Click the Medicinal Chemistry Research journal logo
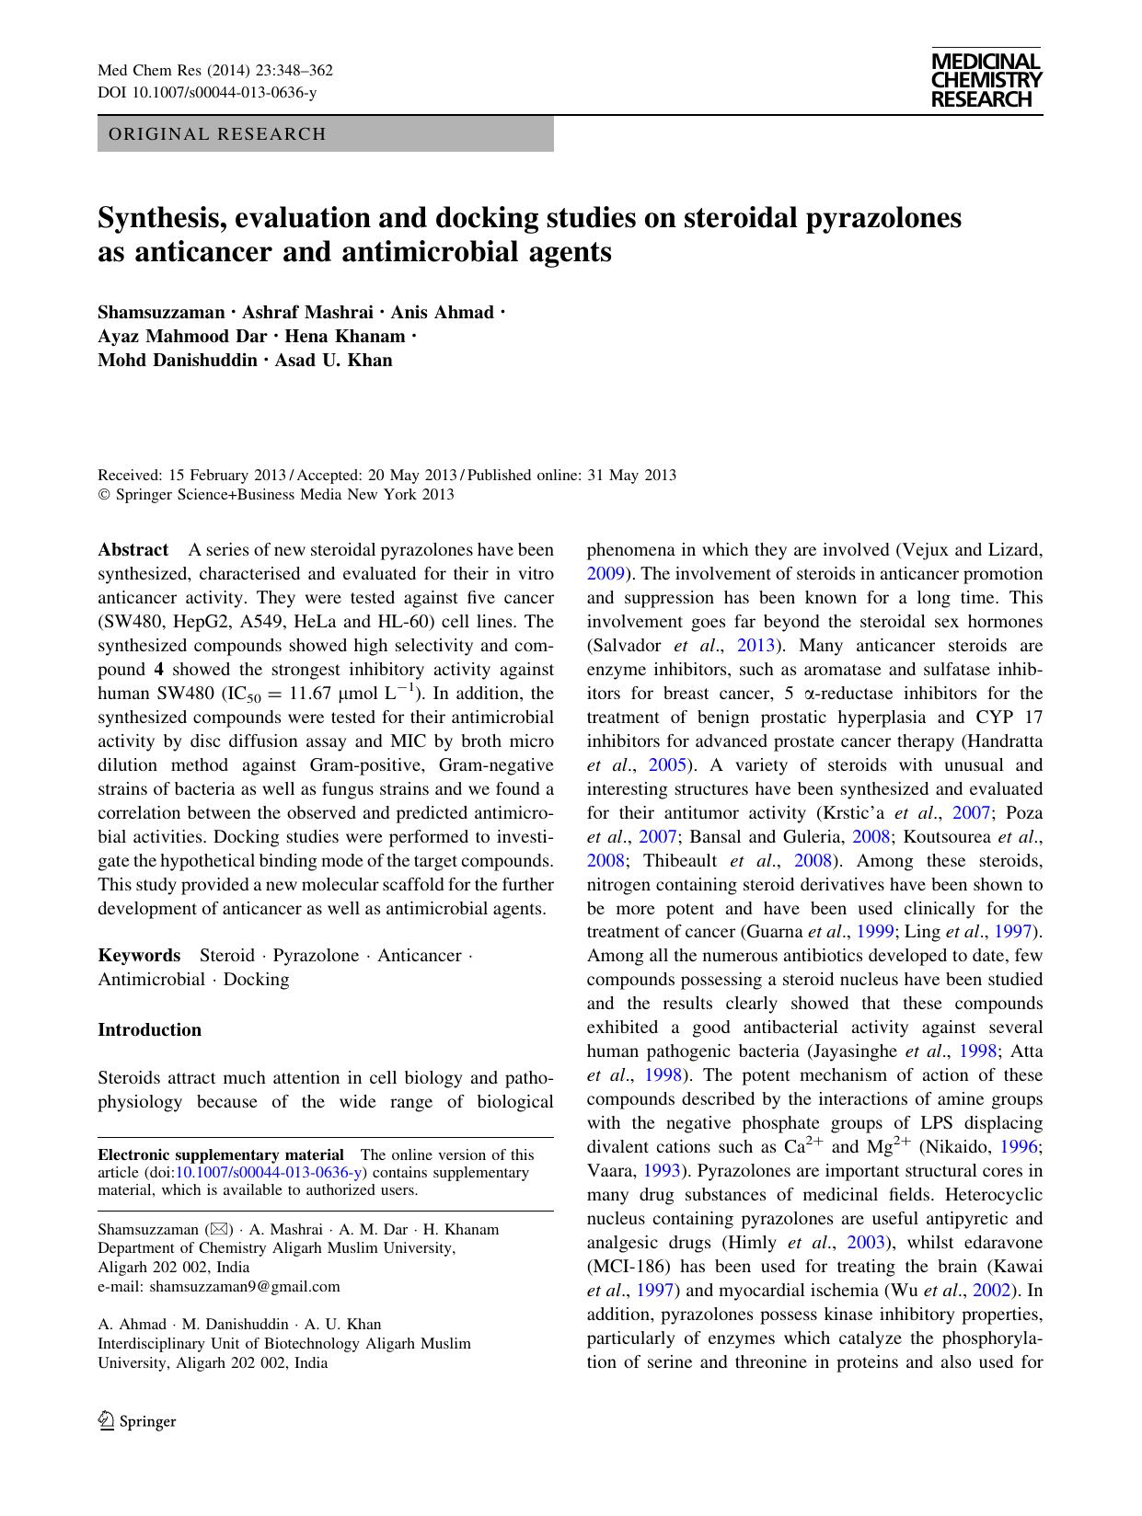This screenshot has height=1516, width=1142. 986,81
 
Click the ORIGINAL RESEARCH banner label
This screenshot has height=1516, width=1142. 217,134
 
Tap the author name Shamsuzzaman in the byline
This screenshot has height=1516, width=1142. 161,313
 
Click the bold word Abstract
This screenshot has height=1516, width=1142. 133,550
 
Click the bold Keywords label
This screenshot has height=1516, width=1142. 139,956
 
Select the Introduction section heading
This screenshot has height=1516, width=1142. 149,1030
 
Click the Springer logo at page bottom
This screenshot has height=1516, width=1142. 137,1421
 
